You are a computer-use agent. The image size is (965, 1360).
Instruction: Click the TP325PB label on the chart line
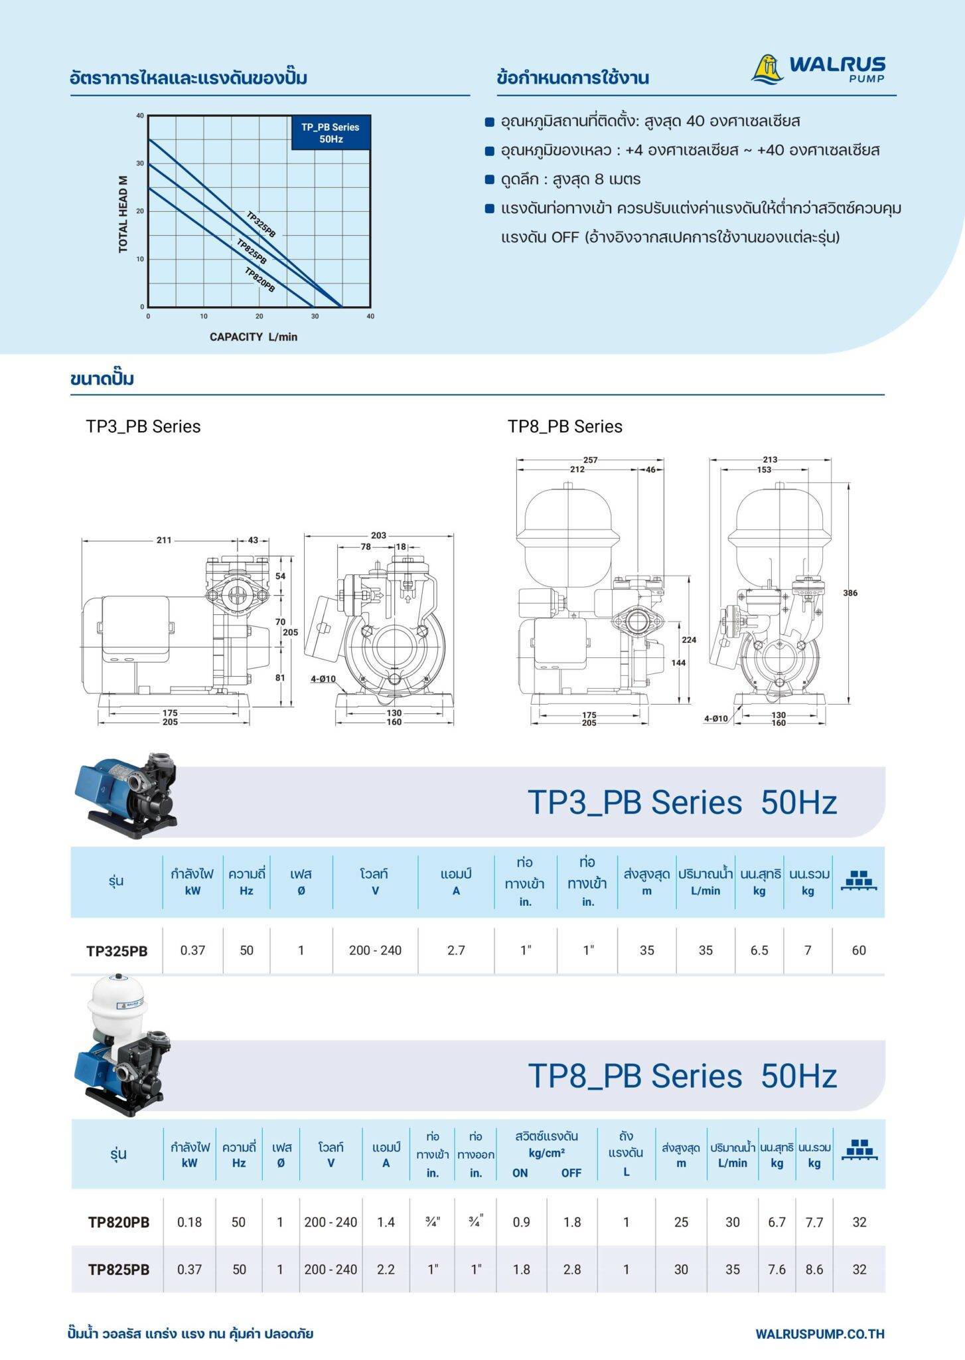[x=261, y=224]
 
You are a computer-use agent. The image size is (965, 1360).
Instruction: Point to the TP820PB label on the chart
[x=260, y=280]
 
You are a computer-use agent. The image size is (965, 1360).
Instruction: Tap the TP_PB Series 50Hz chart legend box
[x=330, y=133]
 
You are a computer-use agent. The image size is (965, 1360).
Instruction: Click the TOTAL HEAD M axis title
[x=123, y=214]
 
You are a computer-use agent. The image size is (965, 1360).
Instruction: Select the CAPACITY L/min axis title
[x=254, y=337]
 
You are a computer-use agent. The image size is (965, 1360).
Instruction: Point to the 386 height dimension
[x=850, y=593]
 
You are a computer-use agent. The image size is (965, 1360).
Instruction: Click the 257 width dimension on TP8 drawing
[x=590, y=460]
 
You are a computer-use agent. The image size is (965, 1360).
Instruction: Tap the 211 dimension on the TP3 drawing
[x=164, y=540]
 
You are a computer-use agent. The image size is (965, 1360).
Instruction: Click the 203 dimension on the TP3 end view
[x=378, y=535]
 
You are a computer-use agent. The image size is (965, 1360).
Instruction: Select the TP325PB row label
[x=117, y=951]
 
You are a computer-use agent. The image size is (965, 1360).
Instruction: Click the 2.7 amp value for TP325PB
[x=456, y=950]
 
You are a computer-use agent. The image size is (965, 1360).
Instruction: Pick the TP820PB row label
[x=119, y=1222]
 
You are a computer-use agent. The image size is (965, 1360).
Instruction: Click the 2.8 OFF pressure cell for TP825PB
[x=571, y=1269]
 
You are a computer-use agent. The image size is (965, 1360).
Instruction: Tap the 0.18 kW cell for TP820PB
[x=189, y=1222]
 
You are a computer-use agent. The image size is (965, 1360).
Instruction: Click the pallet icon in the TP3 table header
[x=859, y=879]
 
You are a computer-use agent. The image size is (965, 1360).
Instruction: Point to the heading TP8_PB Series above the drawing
[x=565, y=426]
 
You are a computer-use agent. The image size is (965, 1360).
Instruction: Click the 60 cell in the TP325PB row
[x=859, y=950]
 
